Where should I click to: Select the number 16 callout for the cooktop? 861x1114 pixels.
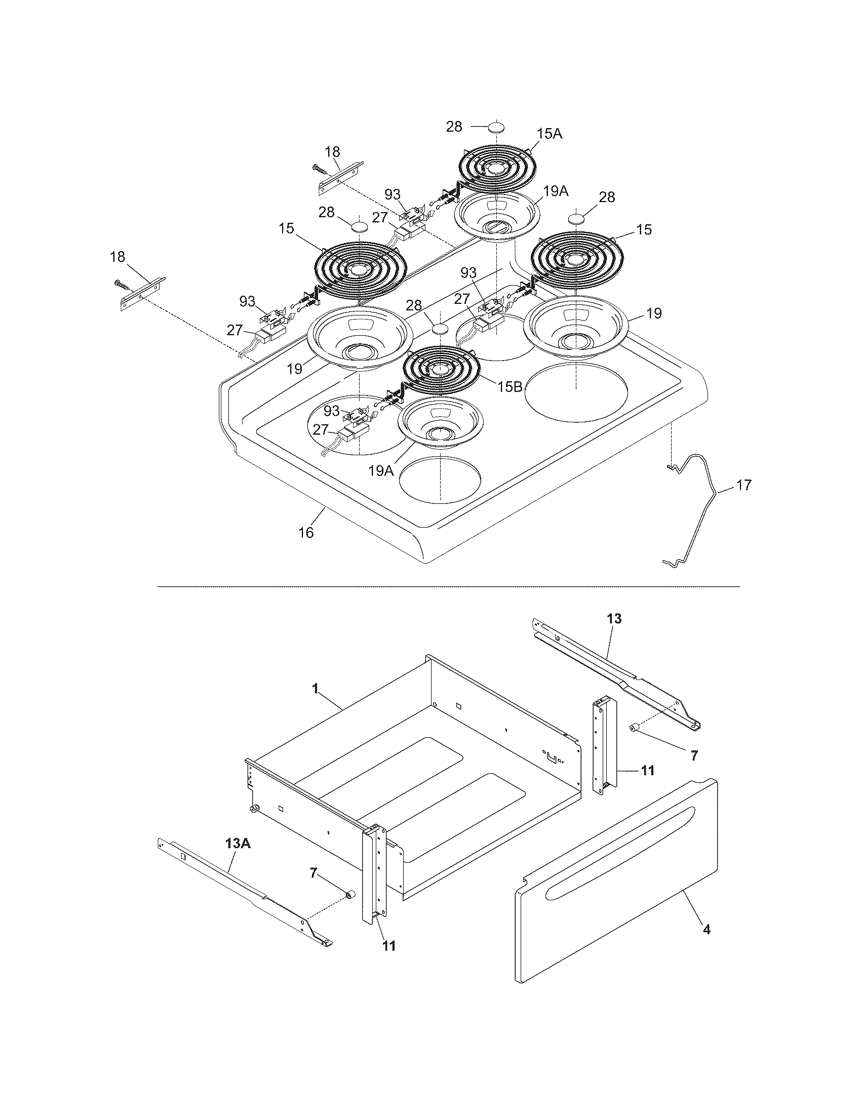pyautogui.click(x=306, y=533)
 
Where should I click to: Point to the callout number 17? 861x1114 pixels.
pyautogui.click(x=744, y=485)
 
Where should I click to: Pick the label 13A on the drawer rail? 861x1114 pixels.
pyautogui.click(x=238, y=843)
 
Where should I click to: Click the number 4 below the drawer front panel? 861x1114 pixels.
pyautogui.click(x=706, y=929)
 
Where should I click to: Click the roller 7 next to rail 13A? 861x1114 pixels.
pyautogui.click(x=350, y=895)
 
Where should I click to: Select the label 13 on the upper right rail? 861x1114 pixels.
pyautogui.click(x=614, y=619)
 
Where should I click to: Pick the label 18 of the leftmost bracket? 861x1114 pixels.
pyautogui.click(x=118, y=257)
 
